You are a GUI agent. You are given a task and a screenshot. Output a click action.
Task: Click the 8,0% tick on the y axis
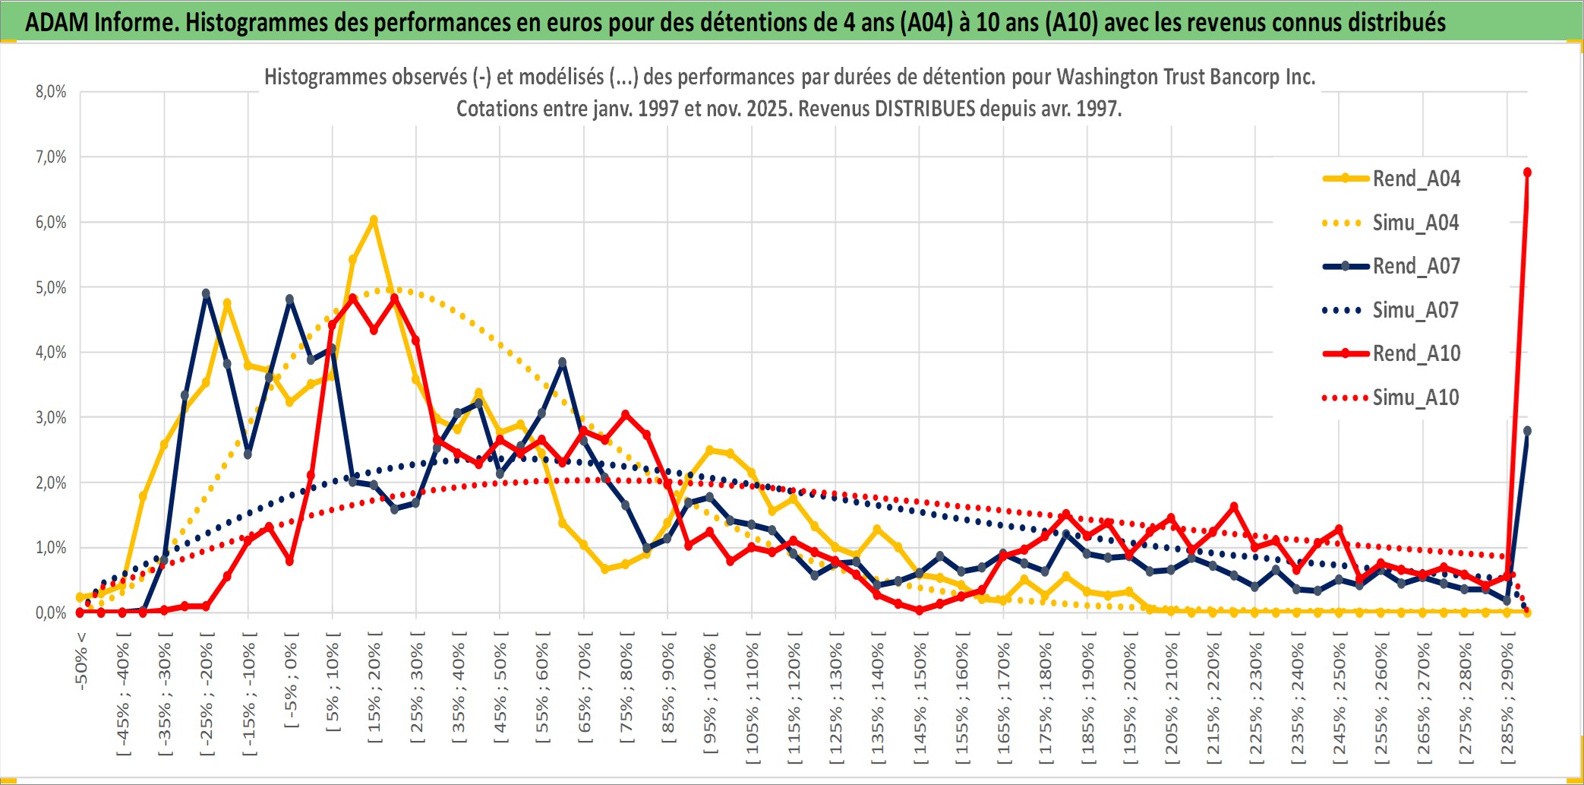(51, 92)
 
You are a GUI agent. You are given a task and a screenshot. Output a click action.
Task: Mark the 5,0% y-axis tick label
(51, 287)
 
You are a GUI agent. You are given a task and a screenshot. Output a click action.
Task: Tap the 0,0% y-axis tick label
(51, 612)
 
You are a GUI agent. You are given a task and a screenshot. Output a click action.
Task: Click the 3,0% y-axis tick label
(51, 417)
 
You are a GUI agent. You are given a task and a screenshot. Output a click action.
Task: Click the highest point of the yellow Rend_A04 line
(374, 220)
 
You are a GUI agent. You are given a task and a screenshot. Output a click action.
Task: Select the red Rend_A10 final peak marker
(1527, 173)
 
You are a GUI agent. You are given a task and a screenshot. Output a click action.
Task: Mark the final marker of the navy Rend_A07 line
(1527, 431)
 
